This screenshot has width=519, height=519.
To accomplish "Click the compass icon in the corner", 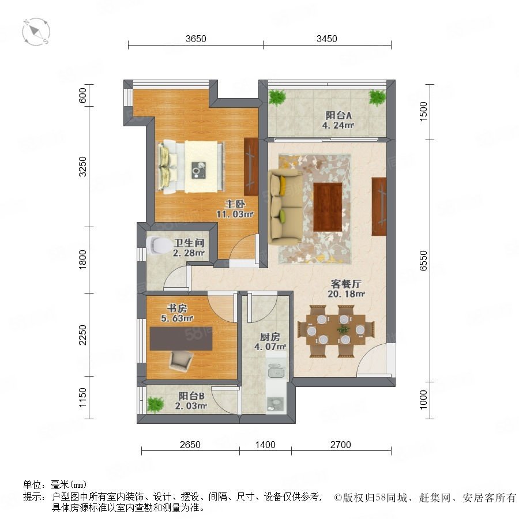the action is [x=36, y=32].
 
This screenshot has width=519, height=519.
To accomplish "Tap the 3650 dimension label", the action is [x=196, y=39].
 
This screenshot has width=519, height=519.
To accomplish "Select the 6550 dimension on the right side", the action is [x=423, y=261].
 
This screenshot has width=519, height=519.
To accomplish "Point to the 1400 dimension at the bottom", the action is [x=265, y=445].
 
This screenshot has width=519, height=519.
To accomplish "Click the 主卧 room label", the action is [x=235, y=204].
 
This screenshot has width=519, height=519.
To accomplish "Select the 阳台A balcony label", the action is [x=339, y=115].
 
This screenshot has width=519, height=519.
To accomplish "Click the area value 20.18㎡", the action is [x=346, y=294].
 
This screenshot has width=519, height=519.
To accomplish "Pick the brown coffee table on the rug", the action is [x=328, y=207].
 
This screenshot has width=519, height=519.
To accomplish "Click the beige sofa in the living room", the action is [x=285, y=207].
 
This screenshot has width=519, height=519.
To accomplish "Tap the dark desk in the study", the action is [x=181, y=339].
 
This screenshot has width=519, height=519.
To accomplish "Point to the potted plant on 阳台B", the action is [x=155, y=404].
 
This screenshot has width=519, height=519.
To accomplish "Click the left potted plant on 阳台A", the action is [x=277, y=97].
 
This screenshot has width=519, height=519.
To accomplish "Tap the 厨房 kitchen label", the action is [x=270, y=337].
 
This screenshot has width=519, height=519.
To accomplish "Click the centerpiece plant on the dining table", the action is [x=343, y=330].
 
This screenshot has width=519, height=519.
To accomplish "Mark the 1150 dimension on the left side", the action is [x=82, y=397].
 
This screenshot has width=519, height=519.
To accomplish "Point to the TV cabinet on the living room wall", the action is [x=379, y=206].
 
